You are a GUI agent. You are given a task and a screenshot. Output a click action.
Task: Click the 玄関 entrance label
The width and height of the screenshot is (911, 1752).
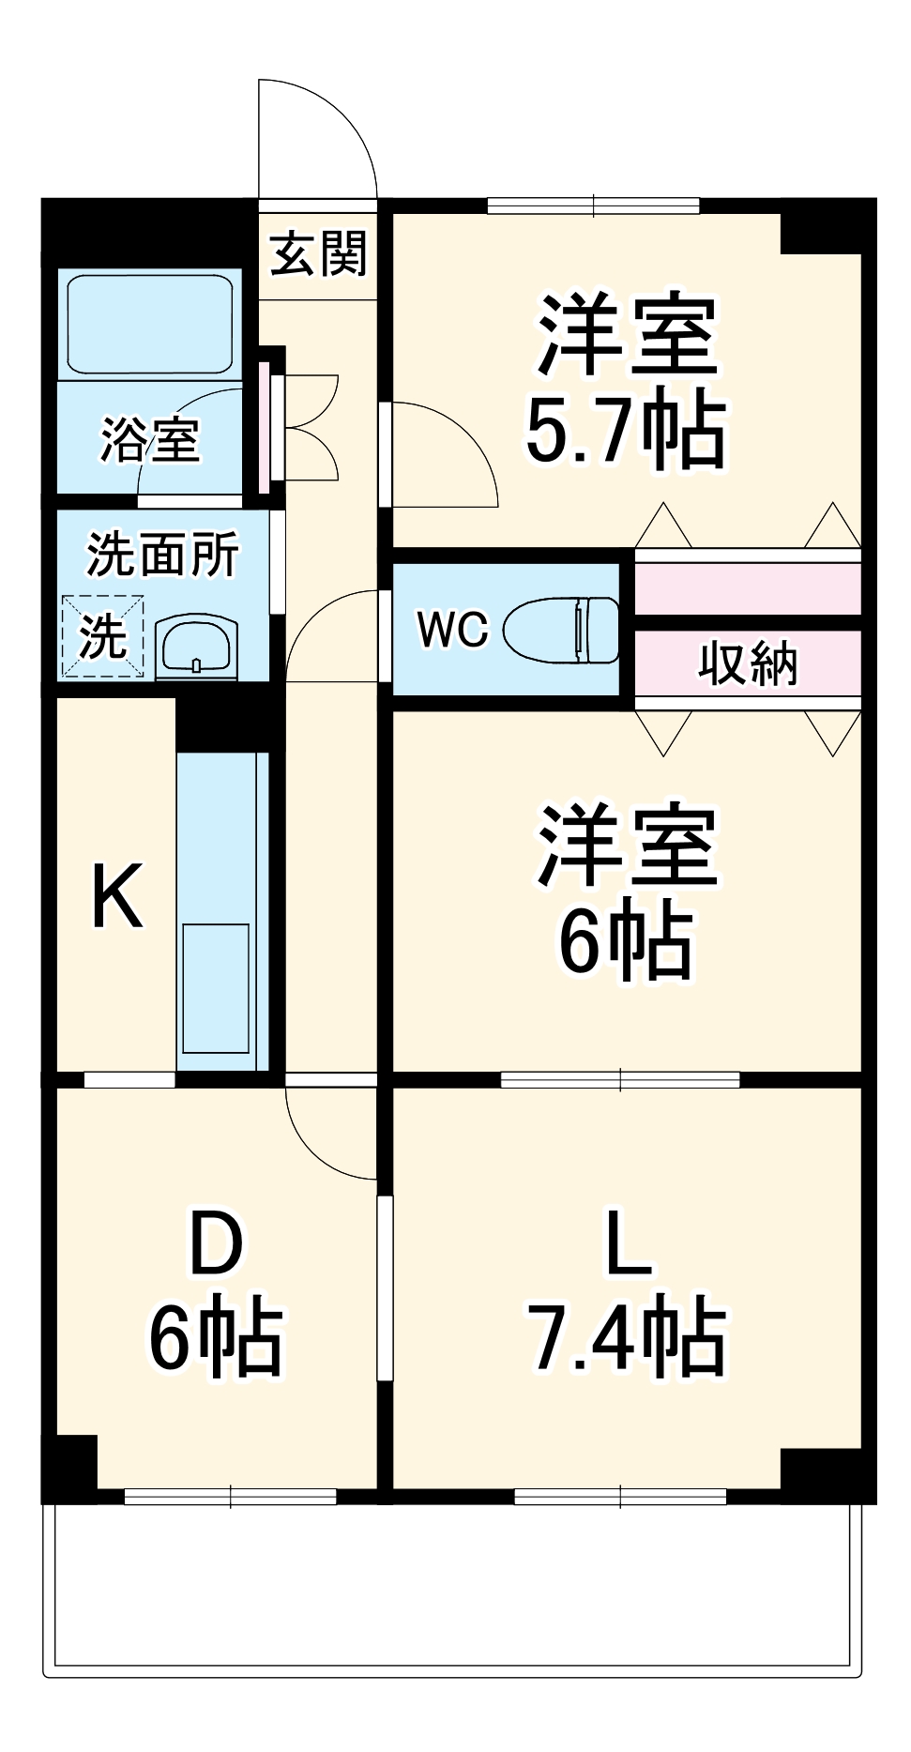(317, 253)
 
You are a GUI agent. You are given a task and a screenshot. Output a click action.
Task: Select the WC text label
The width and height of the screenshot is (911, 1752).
(453, 629)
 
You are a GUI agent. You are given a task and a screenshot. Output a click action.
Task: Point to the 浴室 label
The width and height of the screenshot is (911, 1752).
(150, 438)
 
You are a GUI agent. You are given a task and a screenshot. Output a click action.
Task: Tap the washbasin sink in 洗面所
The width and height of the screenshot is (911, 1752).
(196, 647)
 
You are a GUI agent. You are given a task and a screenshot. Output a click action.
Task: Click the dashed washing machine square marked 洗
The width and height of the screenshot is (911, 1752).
(103, 636)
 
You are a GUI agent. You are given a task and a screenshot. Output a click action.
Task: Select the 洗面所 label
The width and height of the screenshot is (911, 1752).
(162, 554)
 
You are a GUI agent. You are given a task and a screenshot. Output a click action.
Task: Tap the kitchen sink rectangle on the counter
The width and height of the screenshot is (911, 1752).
(216, 988)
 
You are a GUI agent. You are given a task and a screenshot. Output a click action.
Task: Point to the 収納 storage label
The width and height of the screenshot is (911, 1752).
(747, 663)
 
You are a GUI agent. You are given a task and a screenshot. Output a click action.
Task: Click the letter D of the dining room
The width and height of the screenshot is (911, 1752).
(216, 1243)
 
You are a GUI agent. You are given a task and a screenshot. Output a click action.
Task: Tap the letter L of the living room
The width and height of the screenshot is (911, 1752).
(627, 1242)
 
